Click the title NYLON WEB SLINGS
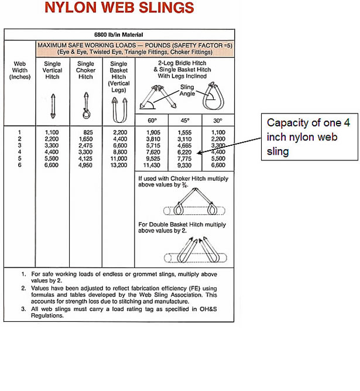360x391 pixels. point(119,8)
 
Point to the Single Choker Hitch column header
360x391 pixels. point(85,70)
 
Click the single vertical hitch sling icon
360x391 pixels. point(53,105)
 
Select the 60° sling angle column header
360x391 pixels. point(152,120)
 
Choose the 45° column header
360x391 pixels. point(185,120)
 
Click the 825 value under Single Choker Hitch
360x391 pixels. point(88,133)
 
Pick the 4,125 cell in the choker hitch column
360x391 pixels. point(85,158)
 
